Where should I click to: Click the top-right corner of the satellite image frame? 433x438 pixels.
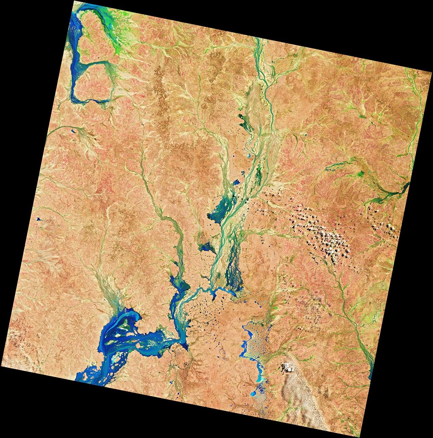tap(432, 73)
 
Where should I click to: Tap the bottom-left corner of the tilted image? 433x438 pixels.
tap(1, 366)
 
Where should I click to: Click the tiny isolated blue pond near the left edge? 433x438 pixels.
tap(38, 219)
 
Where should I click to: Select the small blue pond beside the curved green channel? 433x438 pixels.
tap(73, 130)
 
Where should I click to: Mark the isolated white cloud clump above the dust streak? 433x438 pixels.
tap(287, 367)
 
